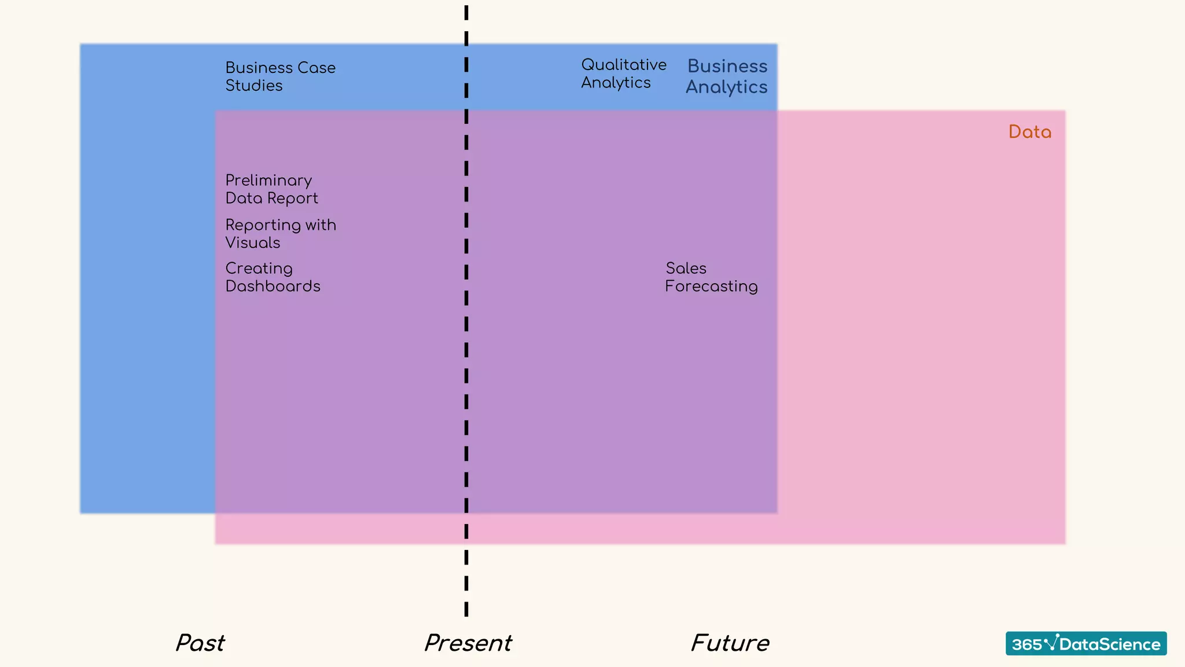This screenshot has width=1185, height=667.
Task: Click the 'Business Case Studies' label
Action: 280,76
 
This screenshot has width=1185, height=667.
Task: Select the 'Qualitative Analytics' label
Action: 623,74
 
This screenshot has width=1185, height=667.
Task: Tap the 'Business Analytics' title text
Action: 727,76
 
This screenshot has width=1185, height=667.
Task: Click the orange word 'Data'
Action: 1029,132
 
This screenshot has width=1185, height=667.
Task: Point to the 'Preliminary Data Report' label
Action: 271,189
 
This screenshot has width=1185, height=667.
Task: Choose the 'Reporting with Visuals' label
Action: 281,233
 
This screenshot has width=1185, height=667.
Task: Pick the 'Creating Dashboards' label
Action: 273,277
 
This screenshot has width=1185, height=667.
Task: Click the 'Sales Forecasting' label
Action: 711,277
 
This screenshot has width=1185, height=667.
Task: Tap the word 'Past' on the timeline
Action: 200,643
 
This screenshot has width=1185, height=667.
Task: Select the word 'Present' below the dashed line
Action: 468,643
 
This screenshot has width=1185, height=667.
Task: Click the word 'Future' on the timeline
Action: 730,643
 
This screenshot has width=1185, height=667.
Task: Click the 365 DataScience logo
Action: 1085,643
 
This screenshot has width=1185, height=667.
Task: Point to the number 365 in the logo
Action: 1026,644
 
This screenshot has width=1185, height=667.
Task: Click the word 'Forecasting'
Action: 711,287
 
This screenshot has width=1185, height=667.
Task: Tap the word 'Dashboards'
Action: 273,286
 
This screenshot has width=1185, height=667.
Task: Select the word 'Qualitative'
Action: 624,65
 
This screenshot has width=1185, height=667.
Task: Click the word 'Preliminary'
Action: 268,181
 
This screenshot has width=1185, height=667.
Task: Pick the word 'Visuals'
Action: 253,243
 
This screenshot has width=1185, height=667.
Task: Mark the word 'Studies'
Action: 254,86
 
